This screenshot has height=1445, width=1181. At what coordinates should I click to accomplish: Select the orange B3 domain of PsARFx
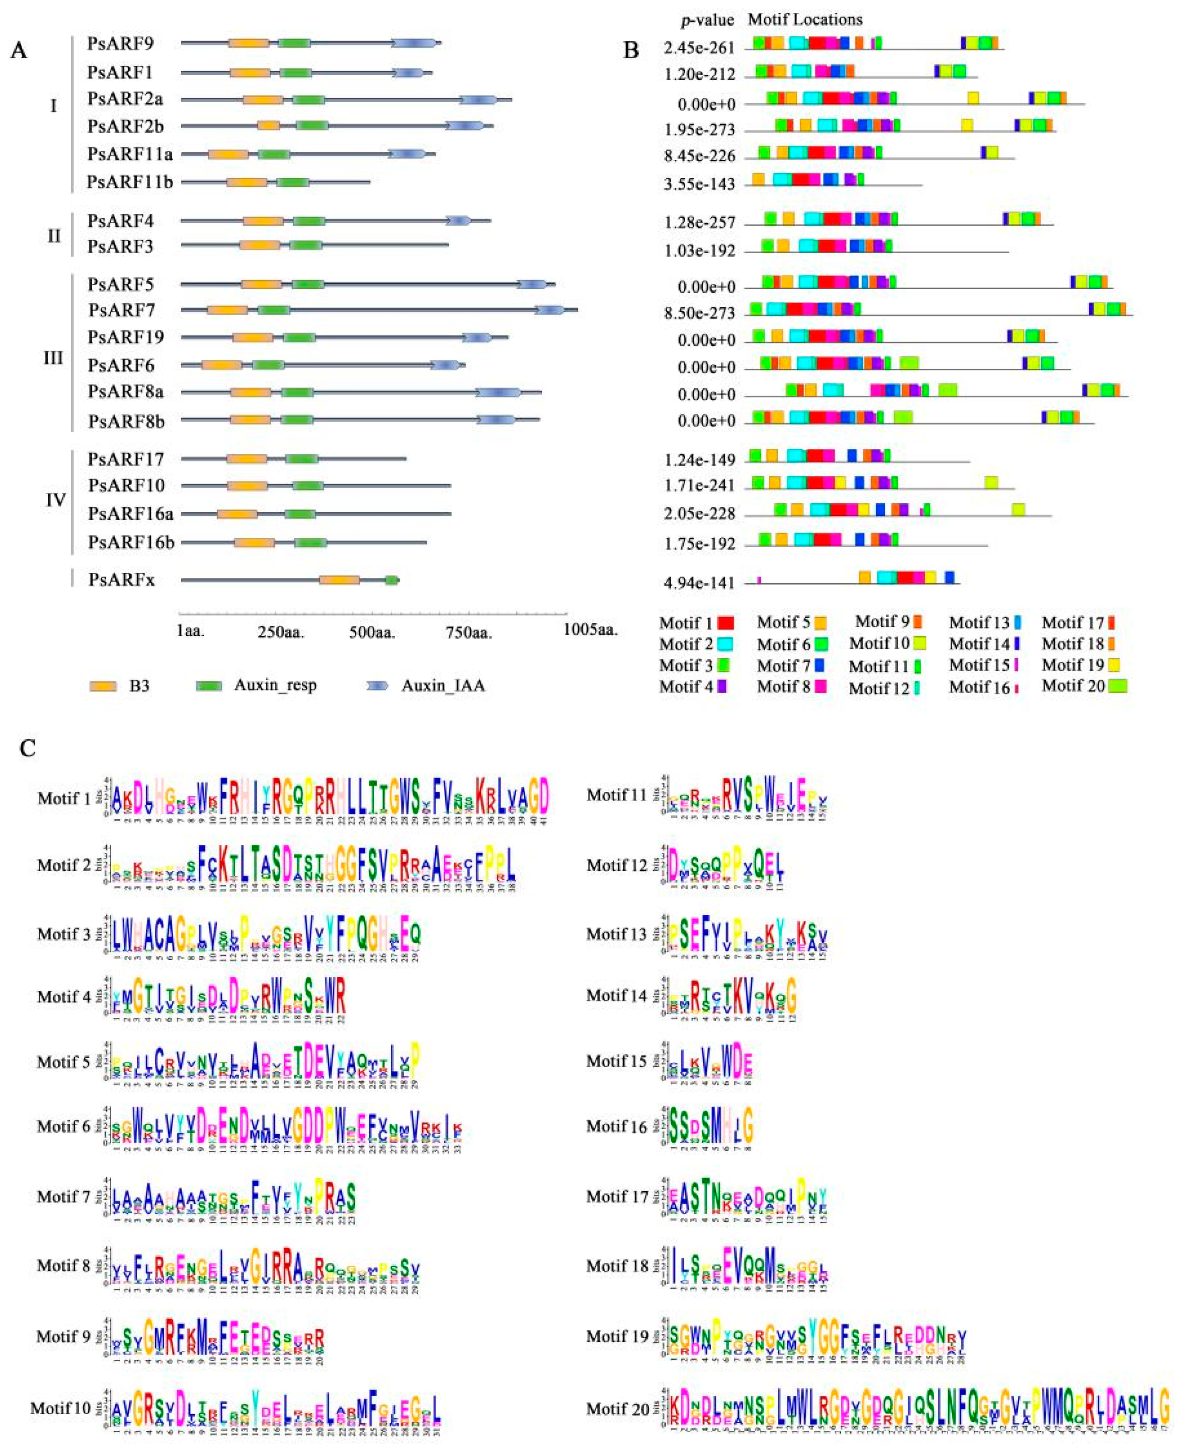click(x=339, y=580)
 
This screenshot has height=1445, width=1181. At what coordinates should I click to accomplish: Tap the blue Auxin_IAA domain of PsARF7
click(x=549, y=310)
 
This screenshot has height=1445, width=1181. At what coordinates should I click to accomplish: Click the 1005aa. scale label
click(x=590, y=629)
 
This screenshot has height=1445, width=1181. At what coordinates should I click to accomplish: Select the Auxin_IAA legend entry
click(x=443, y=685)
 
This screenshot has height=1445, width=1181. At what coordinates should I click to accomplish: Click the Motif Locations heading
click(x=805, y=19)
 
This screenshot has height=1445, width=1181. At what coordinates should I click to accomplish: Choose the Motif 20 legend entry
click(x=1084, y=685)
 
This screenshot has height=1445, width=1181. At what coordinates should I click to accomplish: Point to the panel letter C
click(x=28, y=748)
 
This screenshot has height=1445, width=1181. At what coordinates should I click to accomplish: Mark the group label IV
click(x=55, y=500)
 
